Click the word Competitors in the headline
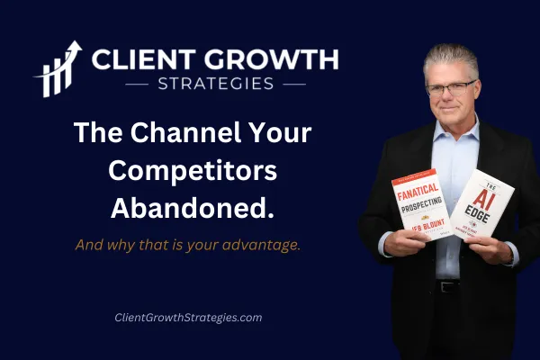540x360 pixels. tap(192, 171)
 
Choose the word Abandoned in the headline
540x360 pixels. tap(192, 207)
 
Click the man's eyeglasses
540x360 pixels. tap(450, 89)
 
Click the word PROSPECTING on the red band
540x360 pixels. tap(419, 205)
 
